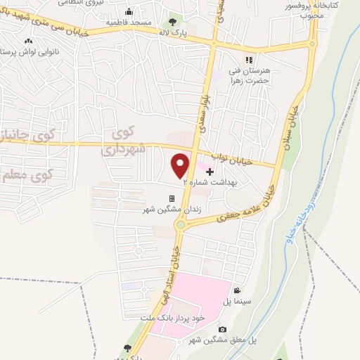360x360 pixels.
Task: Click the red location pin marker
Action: pyautogui.click(x=181, y=164)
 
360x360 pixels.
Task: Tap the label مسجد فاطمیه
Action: pyautogui.click(x=129, y=22)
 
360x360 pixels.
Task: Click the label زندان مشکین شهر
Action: pyautogui.click(x=163, y=210)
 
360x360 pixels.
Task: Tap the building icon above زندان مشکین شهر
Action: pyautogui.click(x=172, y=199)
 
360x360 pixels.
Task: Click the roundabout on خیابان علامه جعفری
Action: pyautogui.click(x=181, y=224)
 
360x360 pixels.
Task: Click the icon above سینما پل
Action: pyautogui.click(x=238, y=291)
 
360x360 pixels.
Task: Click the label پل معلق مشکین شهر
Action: pyautogui.click(x=223, y=340)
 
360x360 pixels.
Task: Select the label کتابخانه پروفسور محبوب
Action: pyautogui.click(x=335, y=9)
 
